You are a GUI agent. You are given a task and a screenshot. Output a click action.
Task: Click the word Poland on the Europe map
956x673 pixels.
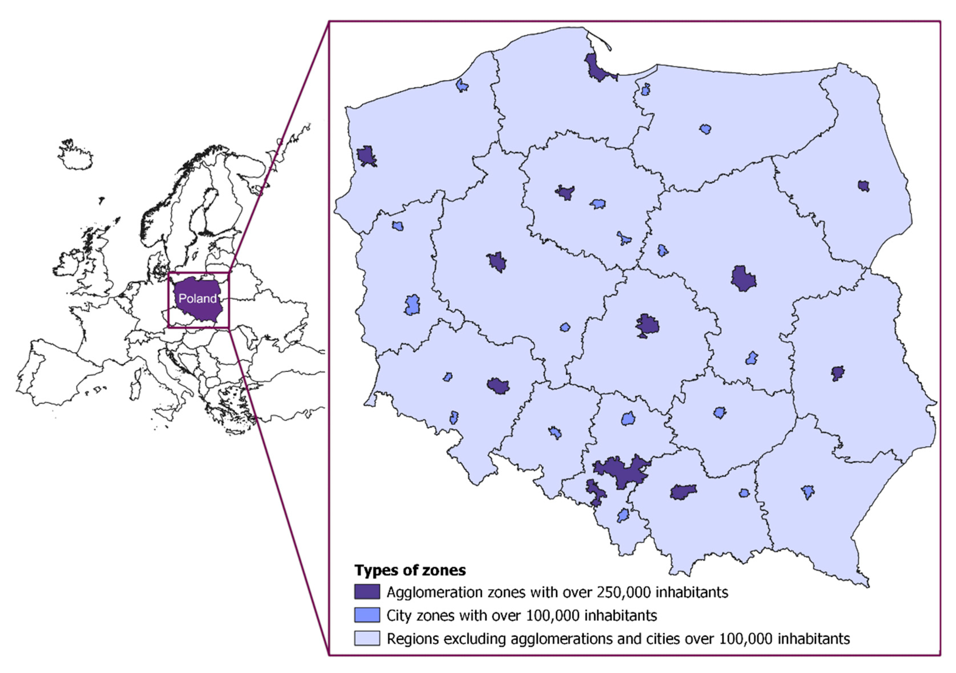197,298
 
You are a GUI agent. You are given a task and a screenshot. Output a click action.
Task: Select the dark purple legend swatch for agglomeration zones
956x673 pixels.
367,592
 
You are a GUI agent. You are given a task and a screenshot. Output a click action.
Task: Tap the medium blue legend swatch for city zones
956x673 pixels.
367,615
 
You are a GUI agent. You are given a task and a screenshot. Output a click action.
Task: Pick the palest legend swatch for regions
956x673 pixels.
367,638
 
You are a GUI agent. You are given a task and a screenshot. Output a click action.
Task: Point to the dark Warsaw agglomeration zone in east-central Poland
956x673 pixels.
743,279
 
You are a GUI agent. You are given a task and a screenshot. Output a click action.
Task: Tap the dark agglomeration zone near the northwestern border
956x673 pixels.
367,156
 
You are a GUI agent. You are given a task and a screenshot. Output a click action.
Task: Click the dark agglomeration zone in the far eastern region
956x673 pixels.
837,373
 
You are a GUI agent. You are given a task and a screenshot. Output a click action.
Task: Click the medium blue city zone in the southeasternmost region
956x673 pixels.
808,492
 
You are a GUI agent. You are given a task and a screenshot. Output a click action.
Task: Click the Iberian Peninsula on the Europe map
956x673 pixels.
58,370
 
